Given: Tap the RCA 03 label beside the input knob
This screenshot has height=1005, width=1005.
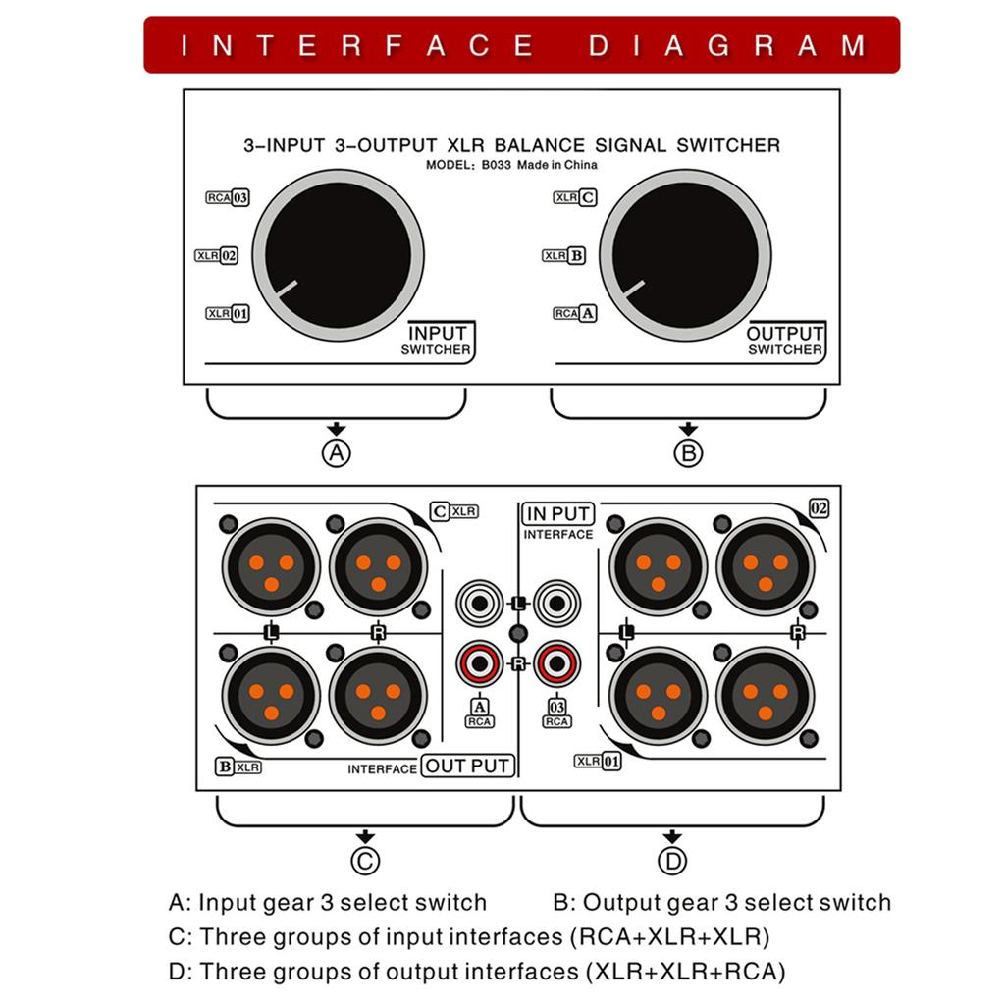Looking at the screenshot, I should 227,197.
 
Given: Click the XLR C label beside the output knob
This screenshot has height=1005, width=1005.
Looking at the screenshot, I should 574,197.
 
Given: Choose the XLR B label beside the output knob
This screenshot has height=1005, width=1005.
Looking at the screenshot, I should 564,255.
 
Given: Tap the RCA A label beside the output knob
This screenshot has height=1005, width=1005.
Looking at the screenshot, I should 574,314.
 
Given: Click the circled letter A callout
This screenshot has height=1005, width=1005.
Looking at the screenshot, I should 337,453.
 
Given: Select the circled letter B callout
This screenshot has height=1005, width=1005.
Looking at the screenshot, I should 688,453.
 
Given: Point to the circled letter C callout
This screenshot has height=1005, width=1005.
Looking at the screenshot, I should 365,861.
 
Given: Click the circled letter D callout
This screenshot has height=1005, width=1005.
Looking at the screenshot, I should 672,861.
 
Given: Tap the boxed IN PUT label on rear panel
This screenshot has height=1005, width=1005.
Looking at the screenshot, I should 557,513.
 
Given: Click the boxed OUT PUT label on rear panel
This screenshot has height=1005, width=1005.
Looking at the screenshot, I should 468,766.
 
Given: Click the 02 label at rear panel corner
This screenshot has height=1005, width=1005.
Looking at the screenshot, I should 819,507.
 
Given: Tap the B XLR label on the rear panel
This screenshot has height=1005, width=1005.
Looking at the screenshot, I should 238,767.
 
